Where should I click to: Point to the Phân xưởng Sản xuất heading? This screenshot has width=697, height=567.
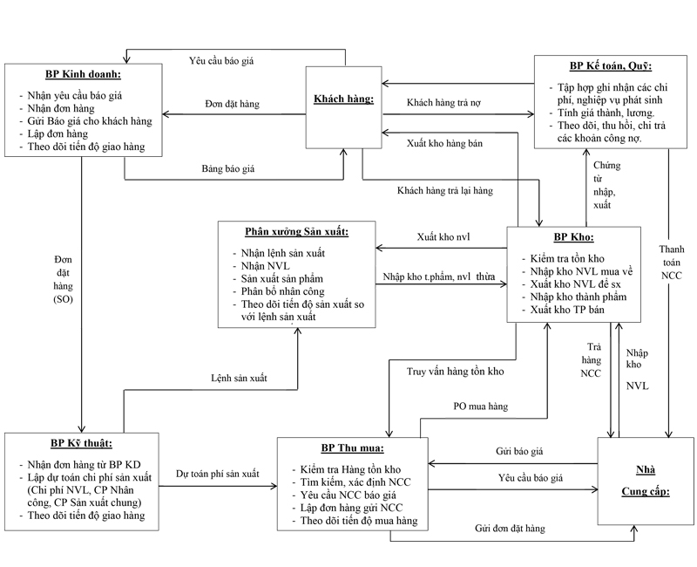pos(296,232)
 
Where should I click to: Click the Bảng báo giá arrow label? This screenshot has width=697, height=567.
pos(230,167)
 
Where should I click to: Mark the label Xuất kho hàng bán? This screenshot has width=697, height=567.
pos(444,143)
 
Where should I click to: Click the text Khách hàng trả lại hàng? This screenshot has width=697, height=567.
pos(444,190)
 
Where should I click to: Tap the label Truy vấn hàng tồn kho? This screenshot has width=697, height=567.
pos(457,372)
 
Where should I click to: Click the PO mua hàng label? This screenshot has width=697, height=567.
pos(480,406)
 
